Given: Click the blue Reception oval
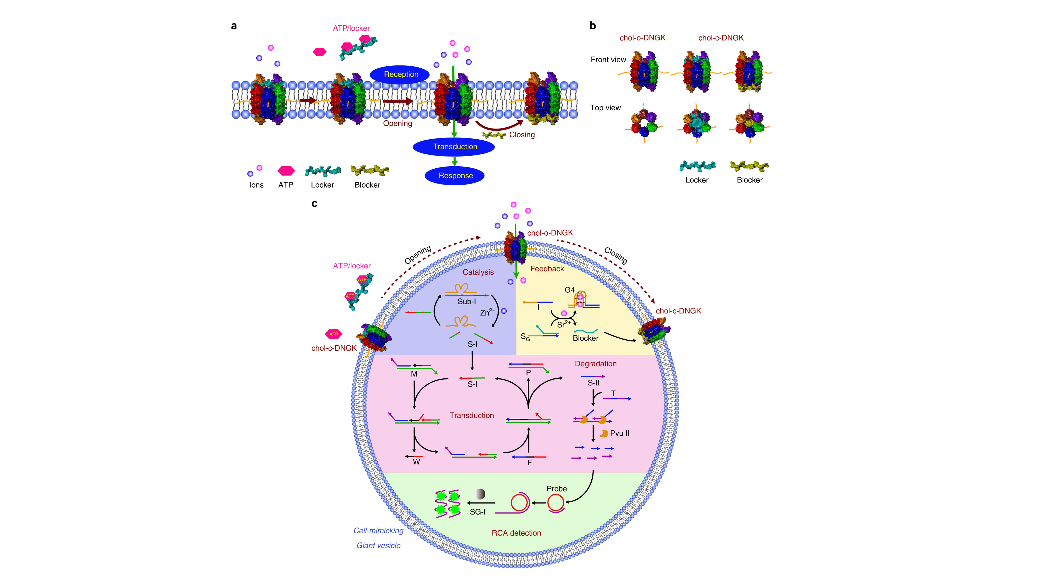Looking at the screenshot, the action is [400, 74].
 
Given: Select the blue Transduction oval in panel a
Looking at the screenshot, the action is [454, 146].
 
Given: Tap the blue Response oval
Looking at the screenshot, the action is [455, 175].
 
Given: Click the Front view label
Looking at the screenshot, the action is [608, 60].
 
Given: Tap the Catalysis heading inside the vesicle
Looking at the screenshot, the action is [478, 272].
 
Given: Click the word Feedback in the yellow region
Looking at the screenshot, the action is [547, 268].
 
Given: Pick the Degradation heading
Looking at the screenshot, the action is [596, 364].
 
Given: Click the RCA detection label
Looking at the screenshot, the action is [516, 533].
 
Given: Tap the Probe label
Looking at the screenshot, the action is [556, 489].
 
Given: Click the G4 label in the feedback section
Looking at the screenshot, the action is [569, 290].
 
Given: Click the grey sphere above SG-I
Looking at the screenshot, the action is [480, 494].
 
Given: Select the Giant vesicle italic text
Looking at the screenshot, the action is [378, 545].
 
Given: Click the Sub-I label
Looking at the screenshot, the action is [467, 301].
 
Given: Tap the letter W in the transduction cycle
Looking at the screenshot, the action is [416, 462].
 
